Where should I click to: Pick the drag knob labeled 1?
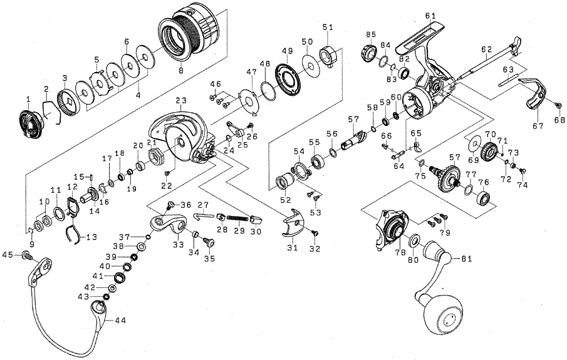pos(29,120)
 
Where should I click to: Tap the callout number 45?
pos(8,254)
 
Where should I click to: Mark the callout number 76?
pos(484,183)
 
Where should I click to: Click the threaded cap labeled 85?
pos(367,53)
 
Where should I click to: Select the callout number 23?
pos(182,100)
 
